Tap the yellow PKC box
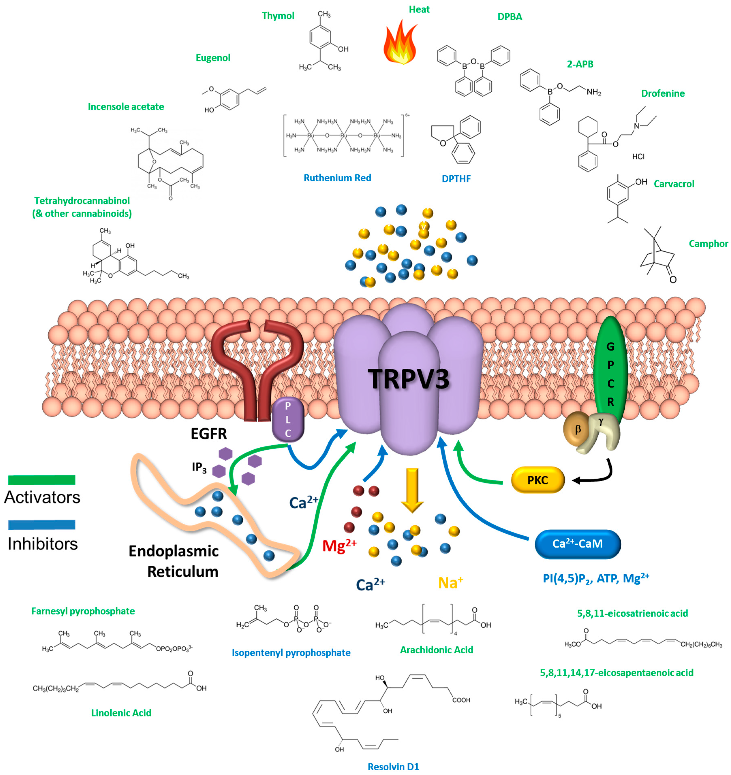tap(538, 480)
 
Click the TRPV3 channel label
tap(408, 379)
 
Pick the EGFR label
tap(209, 433)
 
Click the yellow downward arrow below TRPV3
tap(412, 490)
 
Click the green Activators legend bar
tap(42, 480)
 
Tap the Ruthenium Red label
tap(337, 178)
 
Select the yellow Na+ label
tap(451, 582)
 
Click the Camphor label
tap(708, 244)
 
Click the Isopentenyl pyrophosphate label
tap(291, 653)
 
